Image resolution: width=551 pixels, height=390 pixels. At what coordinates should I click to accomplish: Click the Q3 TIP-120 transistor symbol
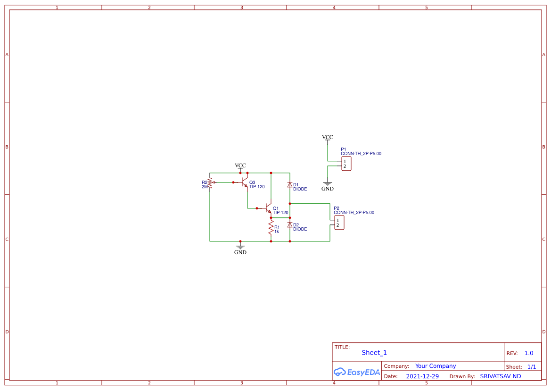tap(244, 182)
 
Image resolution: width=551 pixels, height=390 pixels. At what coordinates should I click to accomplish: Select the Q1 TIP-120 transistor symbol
tap(267, 208)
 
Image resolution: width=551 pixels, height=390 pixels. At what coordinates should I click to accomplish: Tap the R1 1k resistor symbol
tap(271, 229)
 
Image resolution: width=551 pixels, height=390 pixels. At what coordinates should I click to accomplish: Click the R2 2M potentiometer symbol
tap(210, 183)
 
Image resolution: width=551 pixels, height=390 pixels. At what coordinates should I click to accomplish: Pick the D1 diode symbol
tap(289, 185)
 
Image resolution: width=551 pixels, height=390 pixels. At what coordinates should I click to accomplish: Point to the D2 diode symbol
tap(289, 225)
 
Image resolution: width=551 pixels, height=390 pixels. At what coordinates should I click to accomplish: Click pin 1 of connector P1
tap(345, 161)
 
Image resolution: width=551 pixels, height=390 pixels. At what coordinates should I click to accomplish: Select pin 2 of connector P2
tap(337, 225)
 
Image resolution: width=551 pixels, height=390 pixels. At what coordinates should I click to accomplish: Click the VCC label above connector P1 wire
tap(328, 137)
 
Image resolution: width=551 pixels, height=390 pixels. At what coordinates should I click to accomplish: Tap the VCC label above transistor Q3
tap(240, 166)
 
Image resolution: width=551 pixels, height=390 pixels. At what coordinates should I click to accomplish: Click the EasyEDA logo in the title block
tap(357, 372)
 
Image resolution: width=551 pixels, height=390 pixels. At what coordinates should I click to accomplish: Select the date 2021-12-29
tap(422, 376)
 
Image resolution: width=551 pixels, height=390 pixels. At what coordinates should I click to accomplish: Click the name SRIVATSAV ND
tap(500, 376)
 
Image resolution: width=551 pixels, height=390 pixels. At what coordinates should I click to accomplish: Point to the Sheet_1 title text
tap(374, 353)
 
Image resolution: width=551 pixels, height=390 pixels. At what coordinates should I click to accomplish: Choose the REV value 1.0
tap(529, 353)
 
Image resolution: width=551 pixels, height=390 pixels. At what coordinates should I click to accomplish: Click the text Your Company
tap(436, 366)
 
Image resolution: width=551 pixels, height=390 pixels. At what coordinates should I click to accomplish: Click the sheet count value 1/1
tap(532, 367)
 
